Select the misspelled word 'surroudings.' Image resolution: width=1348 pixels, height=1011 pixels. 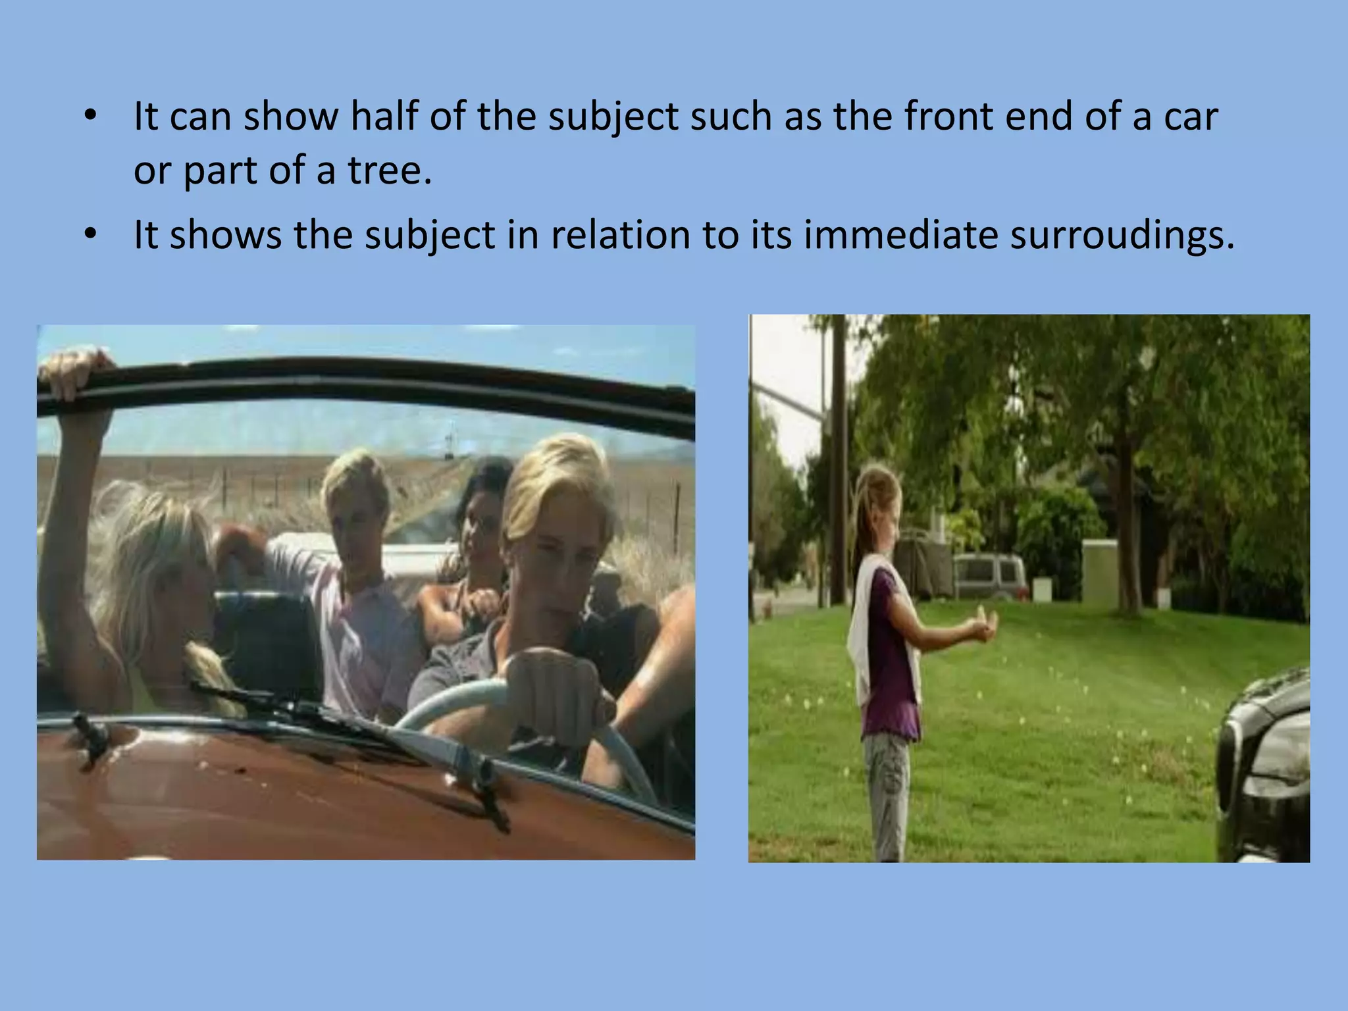tap(1122, 235)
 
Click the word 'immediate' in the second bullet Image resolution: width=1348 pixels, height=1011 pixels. tap(900, 235)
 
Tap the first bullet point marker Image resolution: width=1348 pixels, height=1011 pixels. tap(90, 117)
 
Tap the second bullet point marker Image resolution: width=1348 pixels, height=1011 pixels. tap(90, 235)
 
